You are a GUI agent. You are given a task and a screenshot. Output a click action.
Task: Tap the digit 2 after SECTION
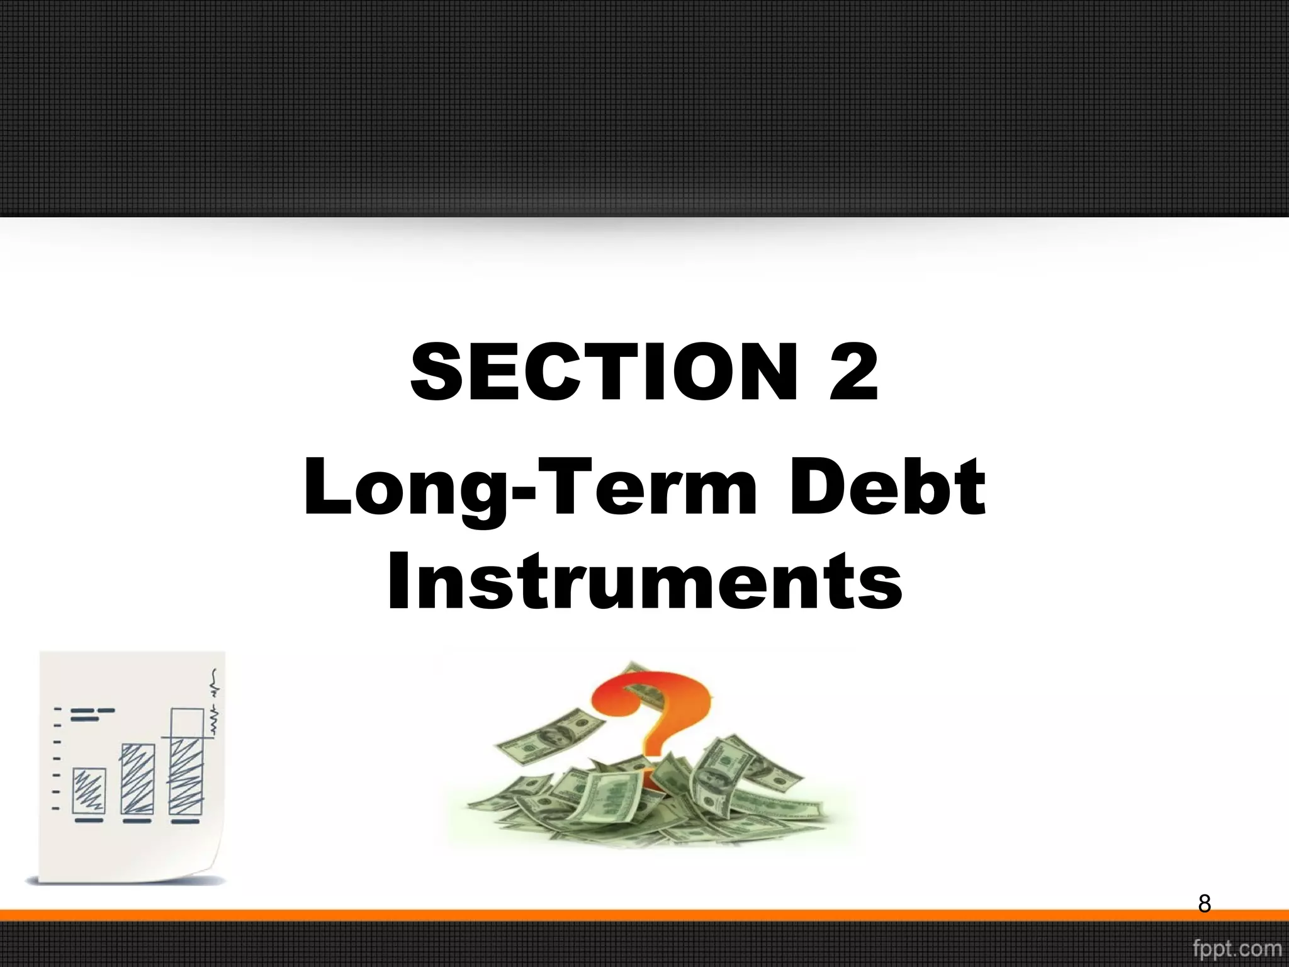[x=853, y=372]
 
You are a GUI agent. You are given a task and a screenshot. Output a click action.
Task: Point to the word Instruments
[x=644, y=580]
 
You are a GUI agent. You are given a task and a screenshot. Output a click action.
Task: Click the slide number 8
[x=1204, y=903]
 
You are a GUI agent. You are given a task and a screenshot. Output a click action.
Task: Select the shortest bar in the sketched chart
[x=89, y=791]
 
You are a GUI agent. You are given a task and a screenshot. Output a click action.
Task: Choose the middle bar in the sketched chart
[x=137, y=779]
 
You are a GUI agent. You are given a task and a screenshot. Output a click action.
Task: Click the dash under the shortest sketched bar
[x=89, y=821]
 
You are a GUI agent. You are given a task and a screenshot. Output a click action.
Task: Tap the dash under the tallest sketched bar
[x=185, y=821]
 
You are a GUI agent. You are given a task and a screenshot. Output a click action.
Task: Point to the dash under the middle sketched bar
[x=137, y=821]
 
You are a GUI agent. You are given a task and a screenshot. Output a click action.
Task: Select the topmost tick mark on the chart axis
[x=57, y=710]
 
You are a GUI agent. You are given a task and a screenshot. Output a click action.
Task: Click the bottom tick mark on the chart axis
[x=56, y=808]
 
